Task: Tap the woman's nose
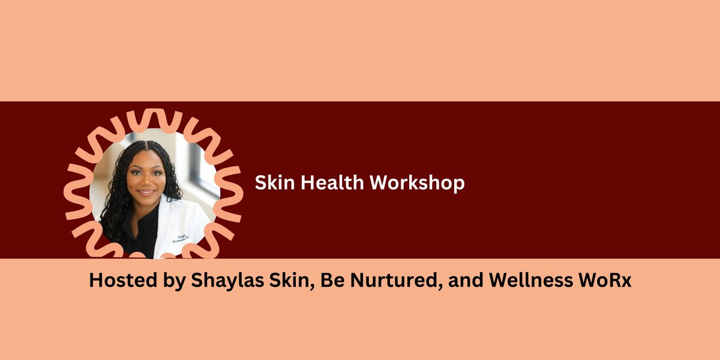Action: pyautogui.click(x=146, y=182)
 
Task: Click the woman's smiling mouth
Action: pyautogui.click(x=146, y=194)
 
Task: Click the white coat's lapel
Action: pyautogui.click(x=157, y=231)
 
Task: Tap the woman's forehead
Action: pyautogui.click(x=145, y=157)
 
